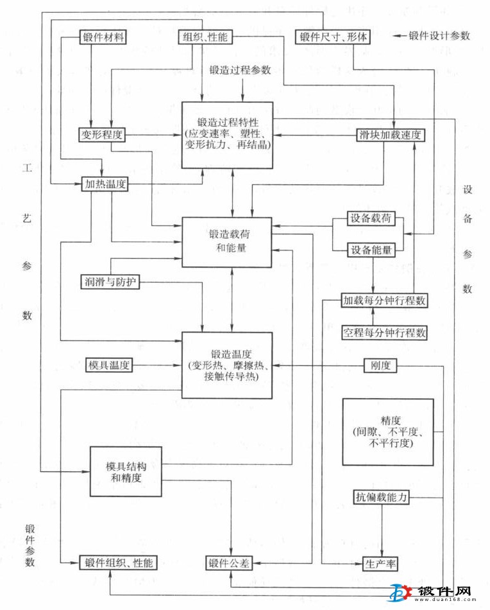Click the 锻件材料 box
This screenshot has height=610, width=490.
pos(103,37)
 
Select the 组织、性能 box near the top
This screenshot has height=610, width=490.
pos(202,37)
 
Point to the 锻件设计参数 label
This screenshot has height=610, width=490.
pos(439,36)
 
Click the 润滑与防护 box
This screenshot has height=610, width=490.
pos(110,281)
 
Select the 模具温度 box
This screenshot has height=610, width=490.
pos(109,365)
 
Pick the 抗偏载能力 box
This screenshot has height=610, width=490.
pos(382,497)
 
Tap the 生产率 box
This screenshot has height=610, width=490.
pos(380,563)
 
